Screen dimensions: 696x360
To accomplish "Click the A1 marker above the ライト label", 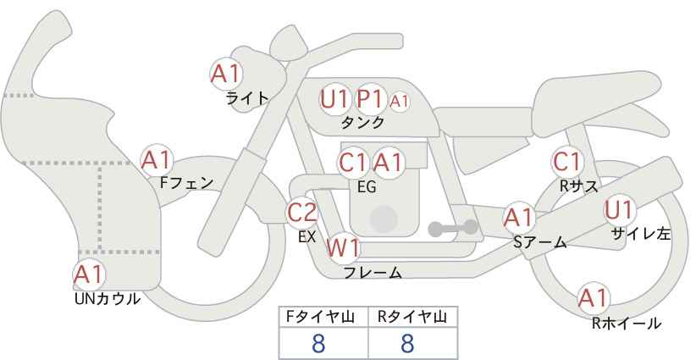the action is tap(226, 74).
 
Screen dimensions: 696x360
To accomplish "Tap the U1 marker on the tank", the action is tap(334, 99).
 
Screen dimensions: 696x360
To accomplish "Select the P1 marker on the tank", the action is tap(371, 99).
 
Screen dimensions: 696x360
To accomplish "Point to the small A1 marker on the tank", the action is tap(399, 102).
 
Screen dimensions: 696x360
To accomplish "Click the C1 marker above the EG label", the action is tap(353, 163).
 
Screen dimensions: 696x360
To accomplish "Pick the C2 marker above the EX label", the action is tap(302, 212).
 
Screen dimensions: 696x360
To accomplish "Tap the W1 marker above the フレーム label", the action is tap(343, 247).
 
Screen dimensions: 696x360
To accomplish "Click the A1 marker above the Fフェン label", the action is tap(157, 161).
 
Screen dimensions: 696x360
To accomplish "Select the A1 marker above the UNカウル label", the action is tap(89, 274).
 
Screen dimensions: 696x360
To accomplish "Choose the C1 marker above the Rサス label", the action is tap(567, 162).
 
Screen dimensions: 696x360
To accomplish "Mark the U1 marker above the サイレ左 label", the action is tap(619, 210).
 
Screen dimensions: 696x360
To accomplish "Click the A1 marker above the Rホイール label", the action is tap(593, 298).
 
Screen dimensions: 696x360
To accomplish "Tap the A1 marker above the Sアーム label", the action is tap(518, 218).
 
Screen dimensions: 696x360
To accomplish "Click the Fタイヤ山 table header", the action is tap(320, 317).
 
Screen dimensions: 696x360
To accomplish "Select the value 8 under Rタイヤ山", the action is tap(407, 343).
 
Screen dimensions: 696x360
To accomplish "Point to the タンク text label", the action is tap(362, 122).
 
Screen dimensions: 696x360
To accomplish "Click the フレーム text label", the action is tap(373, 272).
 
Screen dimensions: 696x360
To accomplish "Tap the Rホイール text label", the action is tap(627, 324).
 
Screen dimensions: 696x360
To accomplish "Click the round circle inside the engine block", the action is tap(384, 219).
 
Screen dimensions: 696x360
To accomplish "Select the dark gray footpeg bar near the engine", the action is tap(453, 228).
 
